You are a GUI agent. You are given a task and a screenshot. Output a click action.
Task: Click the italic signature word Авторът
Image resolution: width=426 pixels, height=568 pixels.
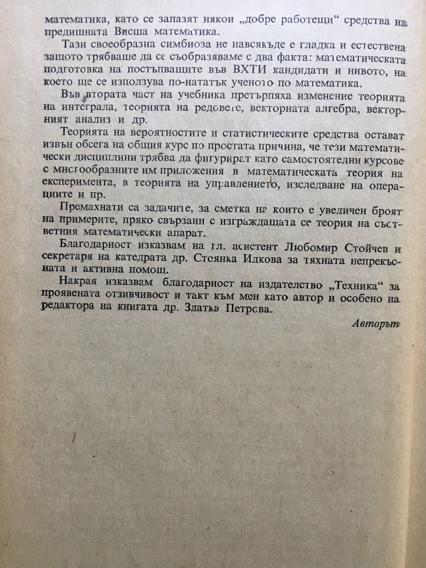pos(376,324)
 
